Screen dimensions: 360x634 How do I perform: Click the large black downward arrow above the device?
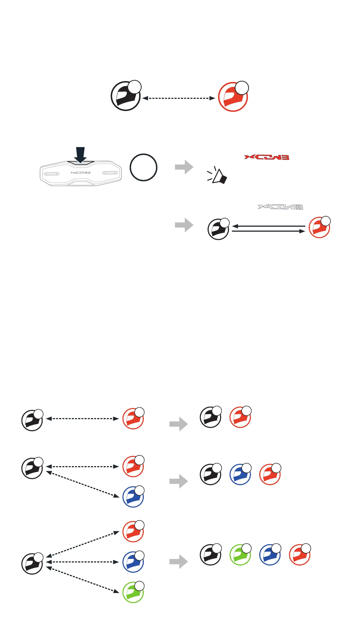coord(80,155)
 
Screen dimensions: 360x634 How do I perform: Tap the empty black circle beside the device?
coord(144,167)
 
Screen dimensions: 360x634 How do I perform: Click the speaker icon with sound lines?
coord(218,176)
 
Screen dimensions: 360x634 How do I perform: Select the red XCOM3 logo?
coord(267,157)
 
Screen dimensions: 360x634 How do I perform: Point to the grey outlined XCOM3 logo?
coord(280,207)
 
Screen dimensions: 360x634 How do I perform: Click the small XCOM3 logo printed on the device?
coord(81,173)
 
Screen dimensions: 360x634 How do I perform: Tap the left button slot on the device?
coord(51,174)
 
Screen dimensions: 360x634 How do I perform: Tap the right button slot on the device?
coord(110,173)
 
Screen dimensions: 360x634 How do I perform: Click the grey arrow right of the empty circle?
coord(184,167)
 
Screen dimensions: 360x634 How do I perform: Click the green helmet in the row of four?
coord(240,555)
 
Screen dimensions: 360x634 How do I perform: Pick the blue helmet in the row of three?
coord(240,474)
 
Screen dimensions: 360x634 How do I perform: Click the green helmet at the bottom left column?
coord(133,592)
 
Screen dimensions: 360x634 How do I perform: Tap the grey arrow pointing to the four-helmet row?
coord(179,561)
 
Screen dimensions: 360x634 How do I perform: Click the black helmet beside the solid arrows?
coord(218,229)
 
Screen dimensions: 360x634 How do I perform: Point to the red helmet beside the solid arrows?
coord(319,228)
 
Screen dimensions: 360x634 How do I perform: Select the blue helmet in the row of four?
coord(270,555)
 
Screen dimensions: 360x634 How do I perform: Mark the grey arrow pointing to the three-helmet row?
coord(179,481)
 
